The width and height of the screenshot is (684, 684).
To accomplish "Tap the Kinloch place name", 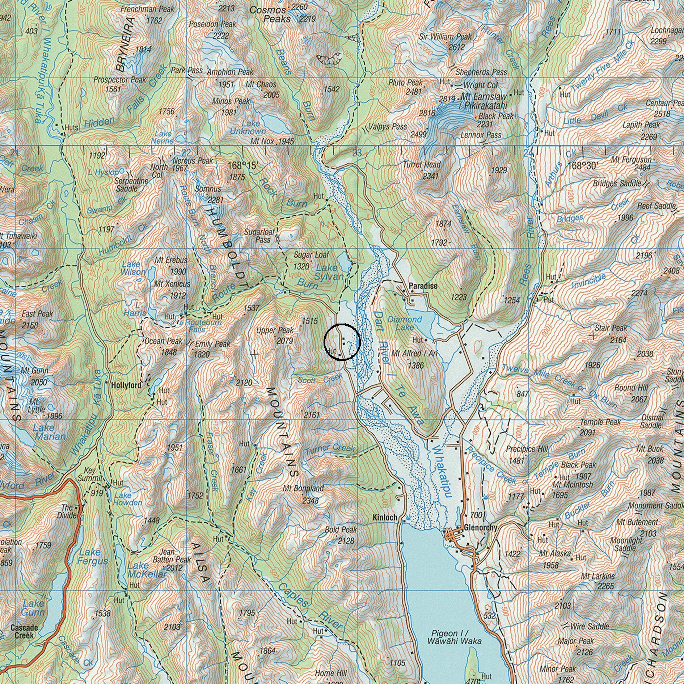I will coord(385,518).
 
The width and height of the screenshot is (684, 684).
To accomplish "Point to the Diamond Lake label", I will coord(405,323).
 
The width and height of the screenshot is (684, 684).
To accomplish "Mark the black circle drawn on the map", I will coord(342,342).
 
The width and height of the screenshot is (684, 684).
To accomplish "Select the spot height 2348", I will coord(311,501).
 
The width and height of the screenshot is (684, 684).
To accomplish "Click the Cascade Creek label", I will coord(24,631).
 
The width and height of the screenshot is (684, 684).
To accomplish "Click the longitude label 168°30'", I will coord(582,166).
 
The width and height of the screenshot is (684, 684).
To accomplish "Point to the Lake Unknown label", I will coord(248,127).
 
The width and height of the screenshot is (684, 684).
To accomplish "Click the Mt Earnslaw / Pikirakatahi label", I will coord(484,101).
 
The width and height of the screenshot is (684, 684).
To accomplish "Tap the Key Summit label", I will coord(89,474).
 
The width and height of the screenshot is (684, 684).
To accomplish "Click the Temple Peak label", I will coord(600,422).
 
